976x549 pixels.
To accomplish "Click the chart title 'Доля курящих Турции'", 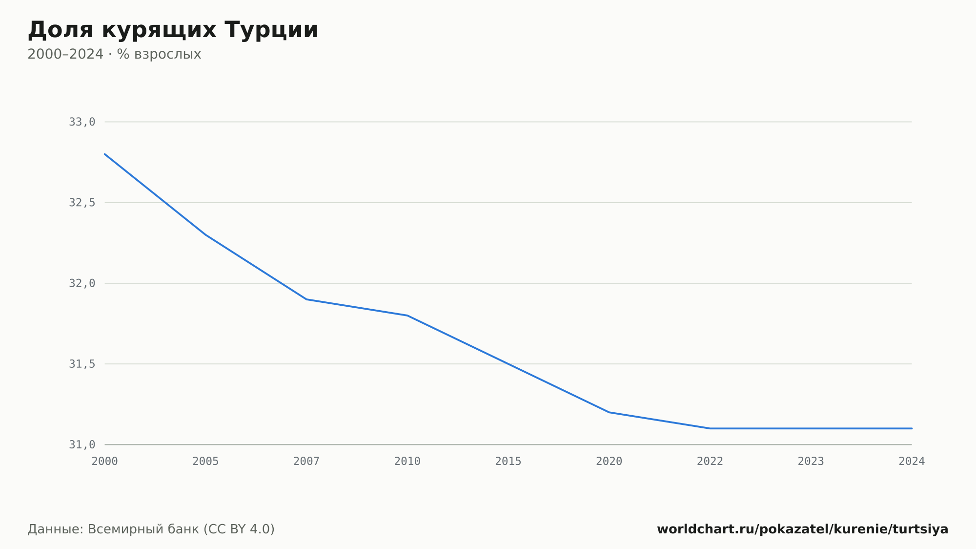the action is point(173,30).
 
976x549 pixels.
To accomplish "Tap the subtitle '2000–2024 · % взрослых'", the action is point(114,54).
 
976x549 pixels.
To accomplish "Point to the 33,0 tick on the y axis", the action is point(82,122).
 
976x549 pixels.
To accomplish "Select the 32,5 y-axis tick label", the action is point(82,203).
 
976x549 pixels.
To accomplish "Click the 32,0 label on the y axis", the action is point(82,283).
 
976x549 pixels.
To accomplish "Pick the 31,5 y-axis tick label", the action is point(82,364).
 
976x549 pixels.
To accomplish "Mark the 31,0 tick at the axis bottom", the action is point(82,444).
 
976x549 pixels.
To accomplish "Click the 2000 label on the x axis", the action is point(105,462).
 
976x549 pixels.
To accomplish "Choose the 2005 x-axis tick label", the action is point(205,462).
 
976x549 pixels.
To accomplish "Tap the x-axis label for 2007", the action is point(306,462).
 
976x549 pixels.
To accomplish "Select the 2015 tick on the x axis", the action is point(508,462).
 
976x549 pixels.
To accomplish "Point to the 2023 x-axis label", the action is point(811,462).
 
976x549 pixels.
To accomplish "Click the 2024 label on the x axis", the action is point(912,462).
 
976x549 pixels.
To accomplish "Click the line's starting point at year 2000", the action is point(105,154).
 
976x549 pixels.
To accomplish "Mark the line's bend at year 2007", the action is point(306,299).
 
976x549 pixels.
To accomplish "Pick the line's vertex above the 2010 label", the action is point(407,316).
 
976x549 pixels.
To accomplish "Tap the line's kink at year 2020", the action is point(609,412).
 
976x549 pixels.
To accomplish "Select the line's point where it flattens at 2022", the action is point(710,428).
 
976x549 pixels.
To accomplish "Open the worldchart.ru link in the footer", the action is point(802,529).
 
